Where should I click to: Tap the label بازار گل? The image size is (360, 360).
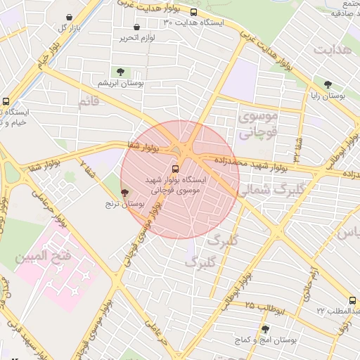[67, 27]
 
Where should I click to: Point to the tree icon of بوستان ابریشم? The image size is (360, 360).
[121, 72]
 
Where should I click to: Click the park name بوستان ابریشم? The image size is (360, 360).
[121, 82]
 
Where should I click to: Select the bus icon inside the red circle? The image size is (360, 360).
[175, 169]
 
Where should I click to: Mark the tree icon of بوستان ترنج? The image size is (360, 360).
[125, 193]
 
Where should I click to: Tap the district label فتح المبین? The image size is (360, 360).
[43, 257]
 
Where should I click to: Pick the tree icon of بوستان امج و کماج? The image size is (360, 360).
[264, 329]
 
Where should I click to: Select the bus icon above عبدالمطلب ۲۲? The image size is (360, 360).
[352, 300]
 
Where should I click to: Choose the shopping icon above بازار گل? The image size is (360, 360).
[69, 17]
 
